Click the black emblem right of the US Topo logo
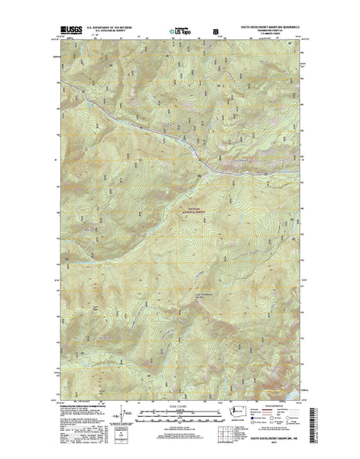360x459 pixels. (215, 33)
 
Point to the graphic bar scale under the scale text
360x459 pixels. (180, 413)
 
